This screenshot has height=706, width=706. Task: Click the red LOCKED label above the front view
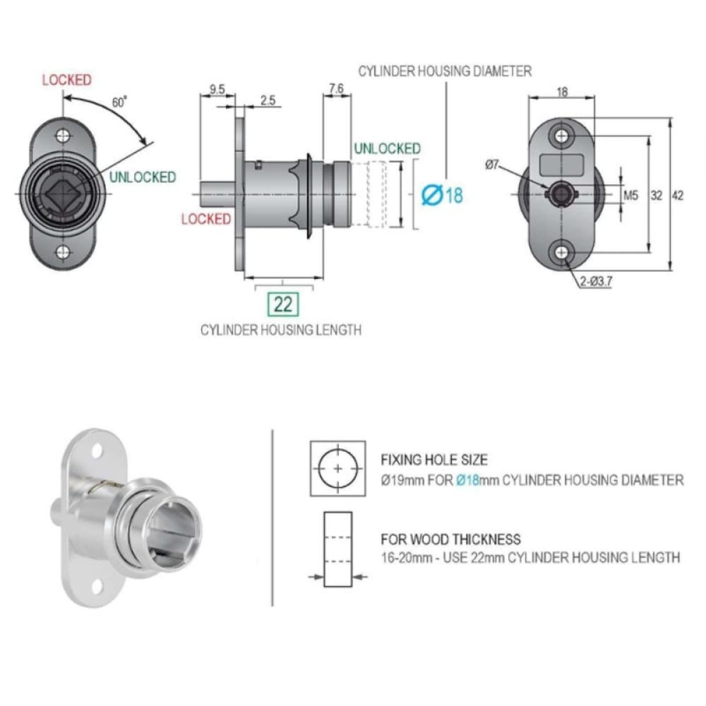[x=66, y=80]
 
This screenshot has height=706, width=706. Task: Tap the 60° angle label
[x=119, y=102]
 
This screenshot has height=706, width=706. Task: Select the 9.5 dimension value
[x=217, y=89]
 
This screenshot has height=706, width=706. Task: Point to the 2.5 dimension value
[x=268, y=100]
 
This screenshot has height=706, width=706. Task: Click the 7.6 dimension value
[x=336, y=89]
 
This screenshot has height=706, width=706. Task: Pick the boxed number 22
[x=283, y=304]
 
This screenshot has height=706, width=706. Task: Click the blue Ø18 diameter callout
[x=442, y=195]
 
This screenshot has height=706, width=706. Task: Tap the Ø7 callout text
[x=492, y=164]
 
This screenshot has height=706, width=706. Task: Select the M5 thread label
[x=630, y=196]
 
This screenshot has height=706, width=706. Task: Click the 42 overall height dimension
[x=677, y=196]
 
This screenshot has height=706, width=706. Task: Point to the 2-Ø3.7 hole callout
[x=596, y=282]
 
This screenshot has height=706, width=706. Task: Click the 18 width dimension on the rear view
[x=562, y=92]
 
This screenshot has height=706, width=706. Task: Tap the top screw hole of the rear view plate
[x=561, y=135]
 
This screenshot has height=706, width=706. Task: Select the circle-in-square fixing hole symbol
[x=337, y=469]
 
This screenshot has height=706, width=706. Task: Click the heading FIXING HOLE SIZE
[x=434, y=460]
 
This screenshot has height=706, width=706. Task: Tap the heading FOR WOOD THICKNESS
[x=450, y=539]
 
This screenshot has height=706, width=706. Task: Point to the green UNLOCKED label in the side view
[x=387, y=148]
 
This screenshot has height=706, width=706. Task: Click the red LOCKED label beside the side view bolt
[x=205, y=220]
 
